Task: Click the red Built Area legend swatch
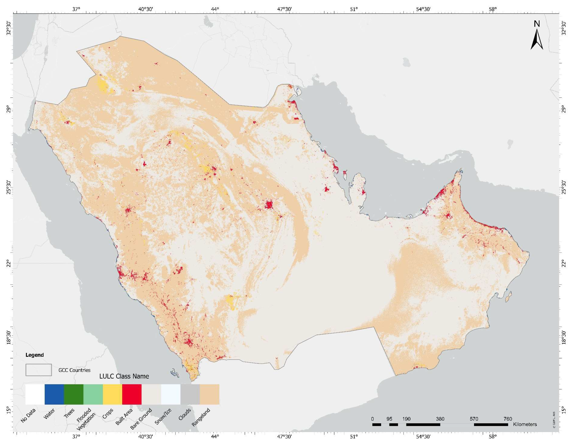(x=132, y=394)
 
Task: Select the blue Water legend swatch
(x=54, y=394)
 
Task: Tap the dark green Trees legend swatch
(x=74, y=394)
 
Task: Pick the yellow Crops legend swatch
(x=112, y=394)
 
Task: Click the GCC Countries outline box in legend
(x=39, y=370)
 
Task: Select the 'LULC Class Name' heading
(x=124, y=376)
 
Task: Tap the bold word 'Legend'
(x=35, y=355)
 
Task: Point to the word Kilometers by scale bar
(x=525, y=424)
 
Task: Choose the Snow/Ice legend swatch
(x=170, y=394)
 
